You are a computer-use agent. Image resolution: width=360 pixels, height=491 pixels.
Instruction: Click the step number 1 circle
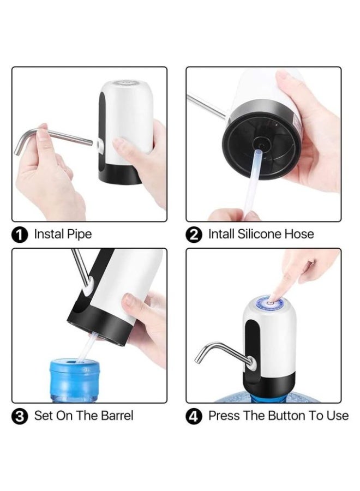(x=20, y=235)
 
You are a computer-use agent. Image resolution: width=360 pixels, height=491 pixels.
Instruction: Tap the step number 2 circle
(x=194, y=235)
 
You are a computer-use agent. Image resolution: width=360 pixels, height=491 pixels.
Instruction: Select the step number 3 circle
(x=20, y=416)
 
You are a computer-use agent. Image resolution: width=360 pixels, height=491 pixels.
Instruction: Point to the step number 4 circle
(x=194, y=416)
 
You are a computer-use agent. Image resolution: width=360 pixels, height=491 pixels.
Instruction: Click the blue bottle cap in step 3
(x=75, y=366)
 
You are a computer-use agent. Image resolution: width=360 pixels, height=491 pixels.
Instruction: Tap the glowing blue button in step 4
(x=271, y=303)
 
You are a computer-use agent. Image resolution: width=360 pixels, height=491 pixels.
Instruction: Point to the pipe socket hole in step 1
(x=100, y=145)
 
